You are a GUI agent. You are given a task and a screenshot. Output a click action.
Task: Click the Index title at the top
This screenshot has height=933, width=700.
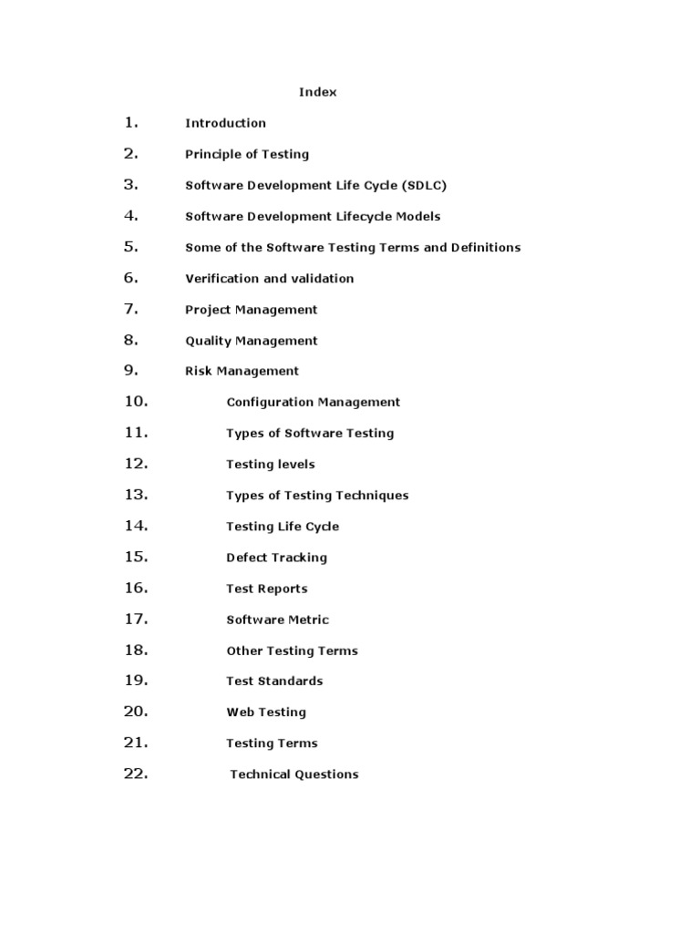tap(318, 92)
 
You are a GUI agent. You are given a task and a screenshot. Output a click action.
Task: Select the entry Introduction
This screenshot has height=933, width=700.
tap(225, 123)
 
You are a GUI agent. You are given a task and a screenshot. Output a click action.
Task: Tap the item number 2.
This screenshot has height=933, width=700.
tap(131, 153)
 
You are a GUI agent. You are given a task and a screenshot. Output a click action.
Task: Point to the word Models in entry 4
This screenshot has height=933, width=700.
tap(416, 216)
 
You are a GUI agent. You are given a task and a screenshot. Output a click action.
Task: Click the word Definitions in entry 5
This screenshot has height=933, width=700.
tap(486, 247)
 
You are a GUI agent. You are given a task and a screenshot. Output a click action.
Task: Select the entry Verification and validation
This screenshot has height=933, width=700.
tap(269, 278)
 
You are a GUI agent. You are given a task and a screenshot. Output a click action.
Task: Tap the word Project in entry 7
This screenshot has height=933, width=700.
tap(209, 310)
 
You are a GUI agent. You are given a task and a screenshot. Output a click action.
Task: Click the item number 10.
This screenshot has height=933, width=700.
tap(136, 401)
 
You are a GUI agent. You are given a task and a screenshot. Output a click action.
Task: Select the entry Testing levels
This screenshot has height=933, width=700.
tap(270, 464)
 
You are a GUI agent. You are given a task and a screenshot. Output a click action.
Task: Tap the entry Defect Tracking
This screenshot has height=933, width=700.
tap(276, 558)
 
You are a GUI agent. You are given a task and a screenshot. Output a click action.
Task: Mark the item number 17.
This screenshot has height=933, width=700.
tap(136, 619)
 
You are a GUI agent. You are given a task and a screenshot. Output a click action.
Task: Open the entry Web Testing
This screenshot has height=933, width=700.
tap(265, 712)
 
